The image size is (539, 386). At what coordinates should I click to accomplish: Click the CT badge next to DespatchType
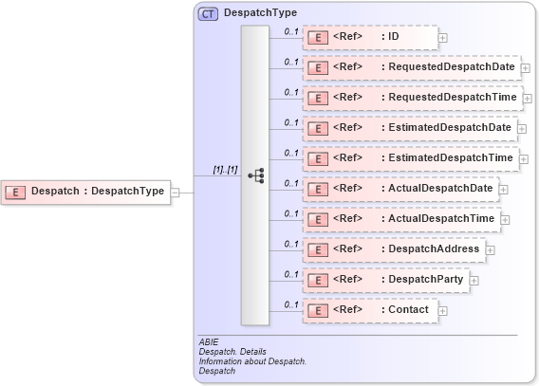[207, 13]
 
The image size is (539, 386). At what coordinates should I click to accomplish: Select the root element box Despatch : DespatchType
[85, 192]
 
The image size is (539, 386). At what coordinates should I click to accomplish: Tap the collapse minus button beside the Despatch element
[175, 193]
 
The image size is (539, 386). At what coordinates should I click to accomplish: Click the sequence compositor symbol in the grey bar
[255, 175]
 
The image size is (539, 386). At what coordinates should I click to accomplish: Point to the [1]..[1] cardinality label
[225, 170]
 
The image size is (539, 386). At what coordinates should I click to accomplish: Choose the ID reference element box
[370, 37]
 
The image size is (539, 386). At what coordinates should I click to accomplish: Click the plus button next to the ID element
[443, 39]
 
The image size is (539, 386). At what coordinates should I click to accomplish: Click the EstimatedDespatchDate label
[450, 128]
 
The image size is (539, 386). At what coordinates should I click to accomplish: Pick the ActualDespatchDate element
[400, 189]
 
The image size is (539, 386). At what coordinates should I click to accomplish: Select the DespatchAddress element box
[395, 249]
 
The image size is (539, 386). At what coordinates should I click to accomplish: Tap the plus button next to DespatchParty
[474, 281]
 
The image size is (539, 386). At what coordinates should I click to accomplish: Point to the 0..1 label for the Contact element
[291, 304]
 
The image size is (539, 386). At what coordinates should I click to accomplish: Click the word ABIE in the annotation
[208, 341]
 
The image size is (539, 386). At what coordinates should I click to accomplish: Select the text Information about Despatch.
[252, 361]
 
